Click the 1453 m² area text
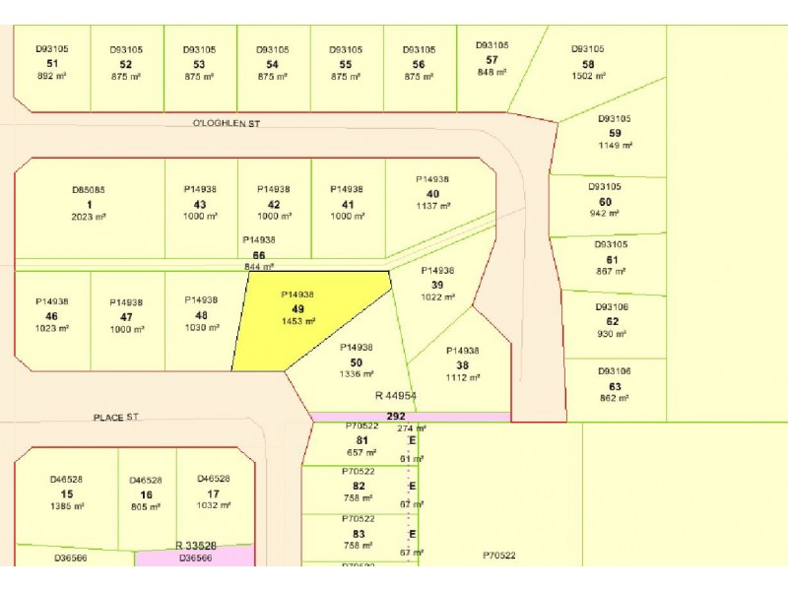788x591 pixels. (297, 321)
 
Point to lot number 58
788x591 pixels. (588, 63)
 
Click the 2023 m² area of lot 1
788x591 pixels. (89, 217)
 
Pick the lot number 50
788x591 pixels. (356, 361)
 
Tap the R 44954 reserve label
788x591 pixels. (396, 395)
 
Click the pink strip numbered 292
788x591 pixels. (396, 416)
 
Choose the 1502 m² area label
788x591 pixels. (588, 76)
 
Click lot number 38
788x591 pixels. (462, 364)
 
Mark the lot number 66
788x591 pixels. (259, 254)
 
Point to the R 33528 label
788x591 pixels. (196, 545)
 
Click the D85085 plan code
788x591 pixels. (89, 189)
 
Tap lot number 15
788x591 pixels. (66, 493)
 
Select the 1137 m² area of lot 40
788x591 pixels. (432, 206)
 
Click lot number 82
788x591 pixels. (359, 486)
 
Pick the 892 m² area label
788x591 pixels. (52, 76)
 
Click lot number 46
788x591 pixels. (51, 316)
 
